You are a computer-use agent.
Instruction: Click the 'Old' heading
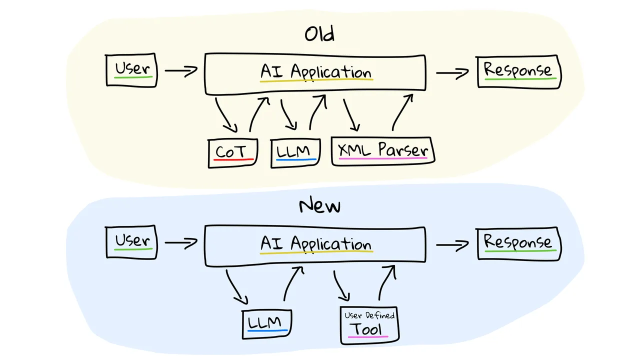click(319, 33)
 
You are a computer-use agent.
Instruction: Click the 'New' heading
click(319, 205)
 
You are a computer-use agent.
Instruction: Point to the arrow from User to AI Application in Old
click(181, 70)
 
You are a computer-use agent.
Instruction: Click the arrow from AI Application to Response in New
click(452, 245)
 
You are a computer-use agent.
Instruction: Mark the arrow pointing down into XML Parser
click(351, 115)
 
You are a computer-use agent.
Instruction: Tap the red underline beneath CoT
click(233, 159)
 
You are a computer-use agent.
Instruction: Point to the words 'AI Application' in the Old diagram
click(316, 72)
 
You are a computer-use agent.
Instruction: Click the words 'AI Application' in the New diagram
click(316, 244)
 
